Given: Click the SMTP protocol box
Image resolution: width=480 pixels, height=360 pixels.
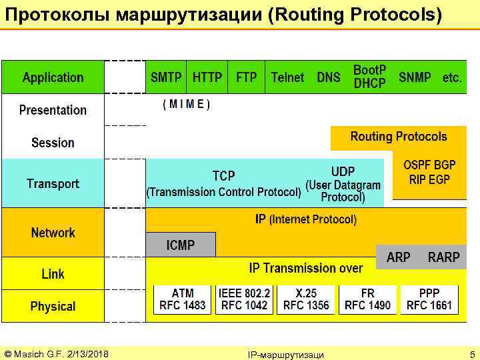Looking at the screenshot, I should pyautogui.click(x=166, y=77).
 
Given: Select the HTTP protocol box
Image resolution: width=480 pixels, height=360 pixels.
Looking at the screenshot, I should pyautogui.click(x=207, y=77).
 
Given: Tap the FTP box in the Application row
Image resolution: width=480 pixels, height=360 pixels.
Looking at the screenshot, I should pyautogui.click(x=246, y=77).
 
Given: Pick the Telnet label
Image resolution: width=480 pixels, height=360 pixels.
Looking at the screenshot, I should pyautogui.click(x=287, y=77).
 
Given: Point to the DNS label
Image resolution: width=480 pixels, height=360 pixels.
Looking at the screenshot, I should pyautogui.click(x=328, y=77).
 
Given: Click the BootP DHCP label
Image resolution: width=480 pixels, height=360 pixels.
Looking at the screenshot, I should pyautogui.click(x=369, y=77).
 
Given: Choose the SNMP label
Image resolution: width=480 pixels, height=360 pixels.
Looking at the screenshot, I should pyautogui.click(x=415, y=77).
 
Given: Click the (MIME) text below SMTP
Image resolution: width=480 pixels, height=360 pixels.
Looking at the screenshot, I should pyautogui.click(x=187, y=105).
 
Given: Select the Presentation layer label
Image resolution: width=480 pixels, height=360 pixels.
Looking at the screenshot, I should pyautogui.click(x=53, y=110).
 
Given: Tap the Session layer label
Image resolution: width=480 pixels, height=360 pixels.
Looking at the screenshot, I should pyautogui.click(x=53, y=143).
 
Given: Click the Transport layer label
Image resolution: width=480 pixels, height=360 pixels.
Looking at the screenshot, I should pyautogui.click(x=53, y=183).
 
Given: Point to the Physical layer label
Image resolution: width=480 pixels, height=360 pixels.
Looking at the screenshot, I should pyautogui.click(x=53, y=307).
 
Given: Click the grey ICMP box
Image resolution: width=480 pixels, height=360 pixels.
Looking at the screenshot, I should pyautogui.click(x=181, y=245).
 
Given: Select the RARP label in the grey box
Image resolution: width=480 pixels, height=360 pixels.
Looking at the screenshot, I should pyautogui.click(x=443, y=257).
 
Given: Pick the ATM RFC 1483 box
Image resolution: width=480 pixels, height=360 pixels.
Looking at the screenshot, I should pyautogui.click(x=183, y=299).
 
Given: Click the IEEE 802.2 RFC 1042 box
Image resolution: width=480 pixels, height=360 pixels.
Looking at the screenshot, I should pyautogui.click(x=244, y=299).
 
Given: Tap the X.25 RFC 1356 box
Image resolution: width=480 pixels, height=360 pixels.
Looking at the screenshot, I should pyautogui.click(x=306, y=299).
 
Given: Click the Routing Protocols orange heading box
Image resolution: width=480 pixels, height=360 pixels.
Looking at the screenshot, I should pyautogui.click(x=399, y=137).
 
